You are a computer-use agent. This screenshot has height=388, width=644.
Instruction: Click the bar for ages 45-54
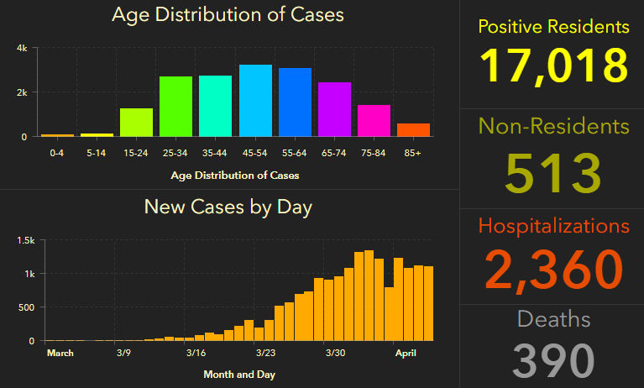pyautogui.click(x=255, y=101)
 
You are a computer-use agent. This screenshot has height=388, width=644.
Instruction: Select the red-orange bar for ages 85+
pyautogui.click(x=413, y=129)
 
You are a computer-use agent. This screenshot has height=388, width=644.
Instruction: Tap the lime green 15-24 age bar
pyautogui.click(x=136, y=122)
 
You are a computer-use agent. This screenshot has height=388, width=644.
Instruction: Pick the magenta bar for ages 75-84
pyautogui.click(x=374, y=120)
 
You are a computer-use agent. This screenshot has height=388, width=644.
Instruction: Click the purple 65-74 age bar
pyautogui.click(x=334, y=109)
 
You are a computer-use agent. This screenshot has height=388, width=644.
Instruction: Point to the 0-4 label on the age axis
pyautogui.click(x=57, y=154)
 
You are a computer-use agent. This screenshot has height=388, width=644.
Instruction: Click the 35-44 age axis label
pyautogui.click(x=215, y=154)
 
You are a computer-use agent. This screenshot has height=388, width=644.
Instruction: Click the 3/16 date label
pyautogui.click(x=196, y=354)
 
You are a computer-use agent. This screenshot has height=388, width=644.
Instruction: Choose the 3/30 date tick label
pyautogui.click(x=335, y=354)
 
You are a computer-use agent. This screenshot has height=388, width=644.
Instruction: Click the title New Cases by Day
pyautogui.click(x=228, y=207)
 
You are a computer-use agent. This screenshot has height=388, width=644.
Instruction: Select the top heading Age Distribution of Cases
pyautogui.click(x=228, y=15)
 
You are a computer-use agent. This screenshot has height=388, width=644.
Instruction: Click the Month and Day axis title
pyautogui.click(x=238, y=375)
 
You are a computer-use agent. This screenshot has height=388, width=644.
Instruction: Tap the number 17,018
pyautogui.click(x=553, y=67)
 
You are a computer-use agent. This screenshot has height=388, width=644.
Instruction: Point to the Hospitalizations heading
pyautogui.click(x=553, y=226)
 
